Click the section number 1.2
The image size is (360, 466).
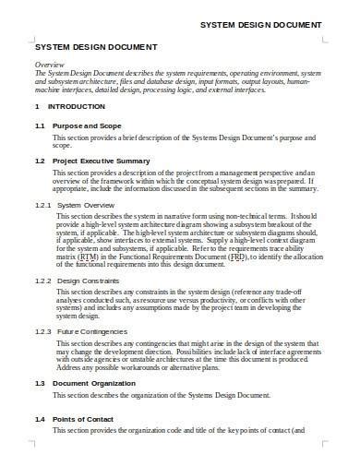click(40, 161)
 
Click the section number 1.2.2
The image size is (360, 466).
click(42, 304)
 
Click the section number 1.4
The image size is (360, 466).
click(40, 446)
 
